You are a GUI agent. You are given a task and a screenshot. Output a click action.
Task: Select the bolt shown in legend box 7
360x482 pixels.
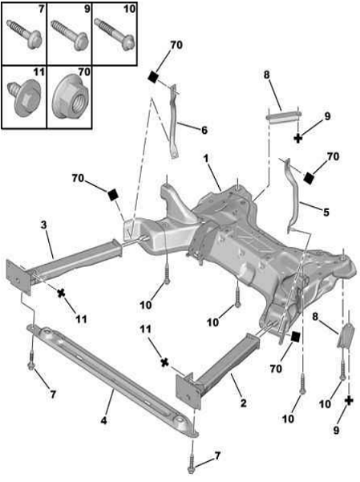(24, 34)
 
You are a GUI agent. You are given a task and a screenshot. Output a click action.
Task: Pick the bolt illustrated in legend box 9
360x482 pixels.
(70, 34)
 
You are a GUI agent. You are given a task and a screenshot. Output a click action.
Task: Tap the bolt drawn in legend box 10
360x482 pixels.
(115, 34)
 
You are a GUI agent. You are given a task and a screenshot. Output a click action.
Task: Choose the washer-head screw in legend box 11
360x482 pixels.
(24, 98)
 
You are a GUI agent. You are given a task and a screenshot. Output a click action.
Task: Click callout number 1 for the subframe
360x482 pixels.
(206, 159)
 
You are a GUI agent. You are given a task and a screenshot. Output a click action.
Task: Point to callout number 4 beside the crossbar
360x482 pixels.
(104, 420)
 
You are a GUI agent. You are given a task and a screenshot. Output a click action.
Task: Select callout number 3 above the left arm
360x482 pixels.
(43, 225)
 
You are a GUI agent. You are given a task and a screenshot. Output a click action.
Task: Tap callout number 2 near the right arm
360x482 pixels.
(243, 403)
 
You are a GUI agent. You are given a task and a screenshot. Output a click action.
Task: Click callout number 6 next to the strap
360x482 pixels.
(204, 130)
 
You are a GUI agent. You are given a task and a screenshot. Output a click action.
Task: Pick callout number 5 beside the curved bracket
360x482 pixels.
(326, 212)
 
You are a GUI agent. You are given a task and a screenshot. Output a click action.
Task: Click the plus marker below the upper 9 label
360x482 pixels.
(298, 138)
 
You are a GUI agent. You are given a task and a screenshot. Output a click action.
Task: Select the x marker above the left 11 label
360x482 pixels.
(62, 294)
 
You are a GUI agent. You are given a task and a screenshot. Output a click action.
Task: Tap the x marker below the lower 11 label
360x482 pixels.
(165, 363)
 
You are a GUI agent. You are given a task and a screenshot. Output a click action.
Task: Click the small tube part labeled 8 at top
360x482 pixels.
(284, 117)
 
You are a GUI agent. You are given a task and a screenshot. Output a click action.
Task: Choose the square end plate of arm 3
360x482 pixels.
(19, 277)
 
